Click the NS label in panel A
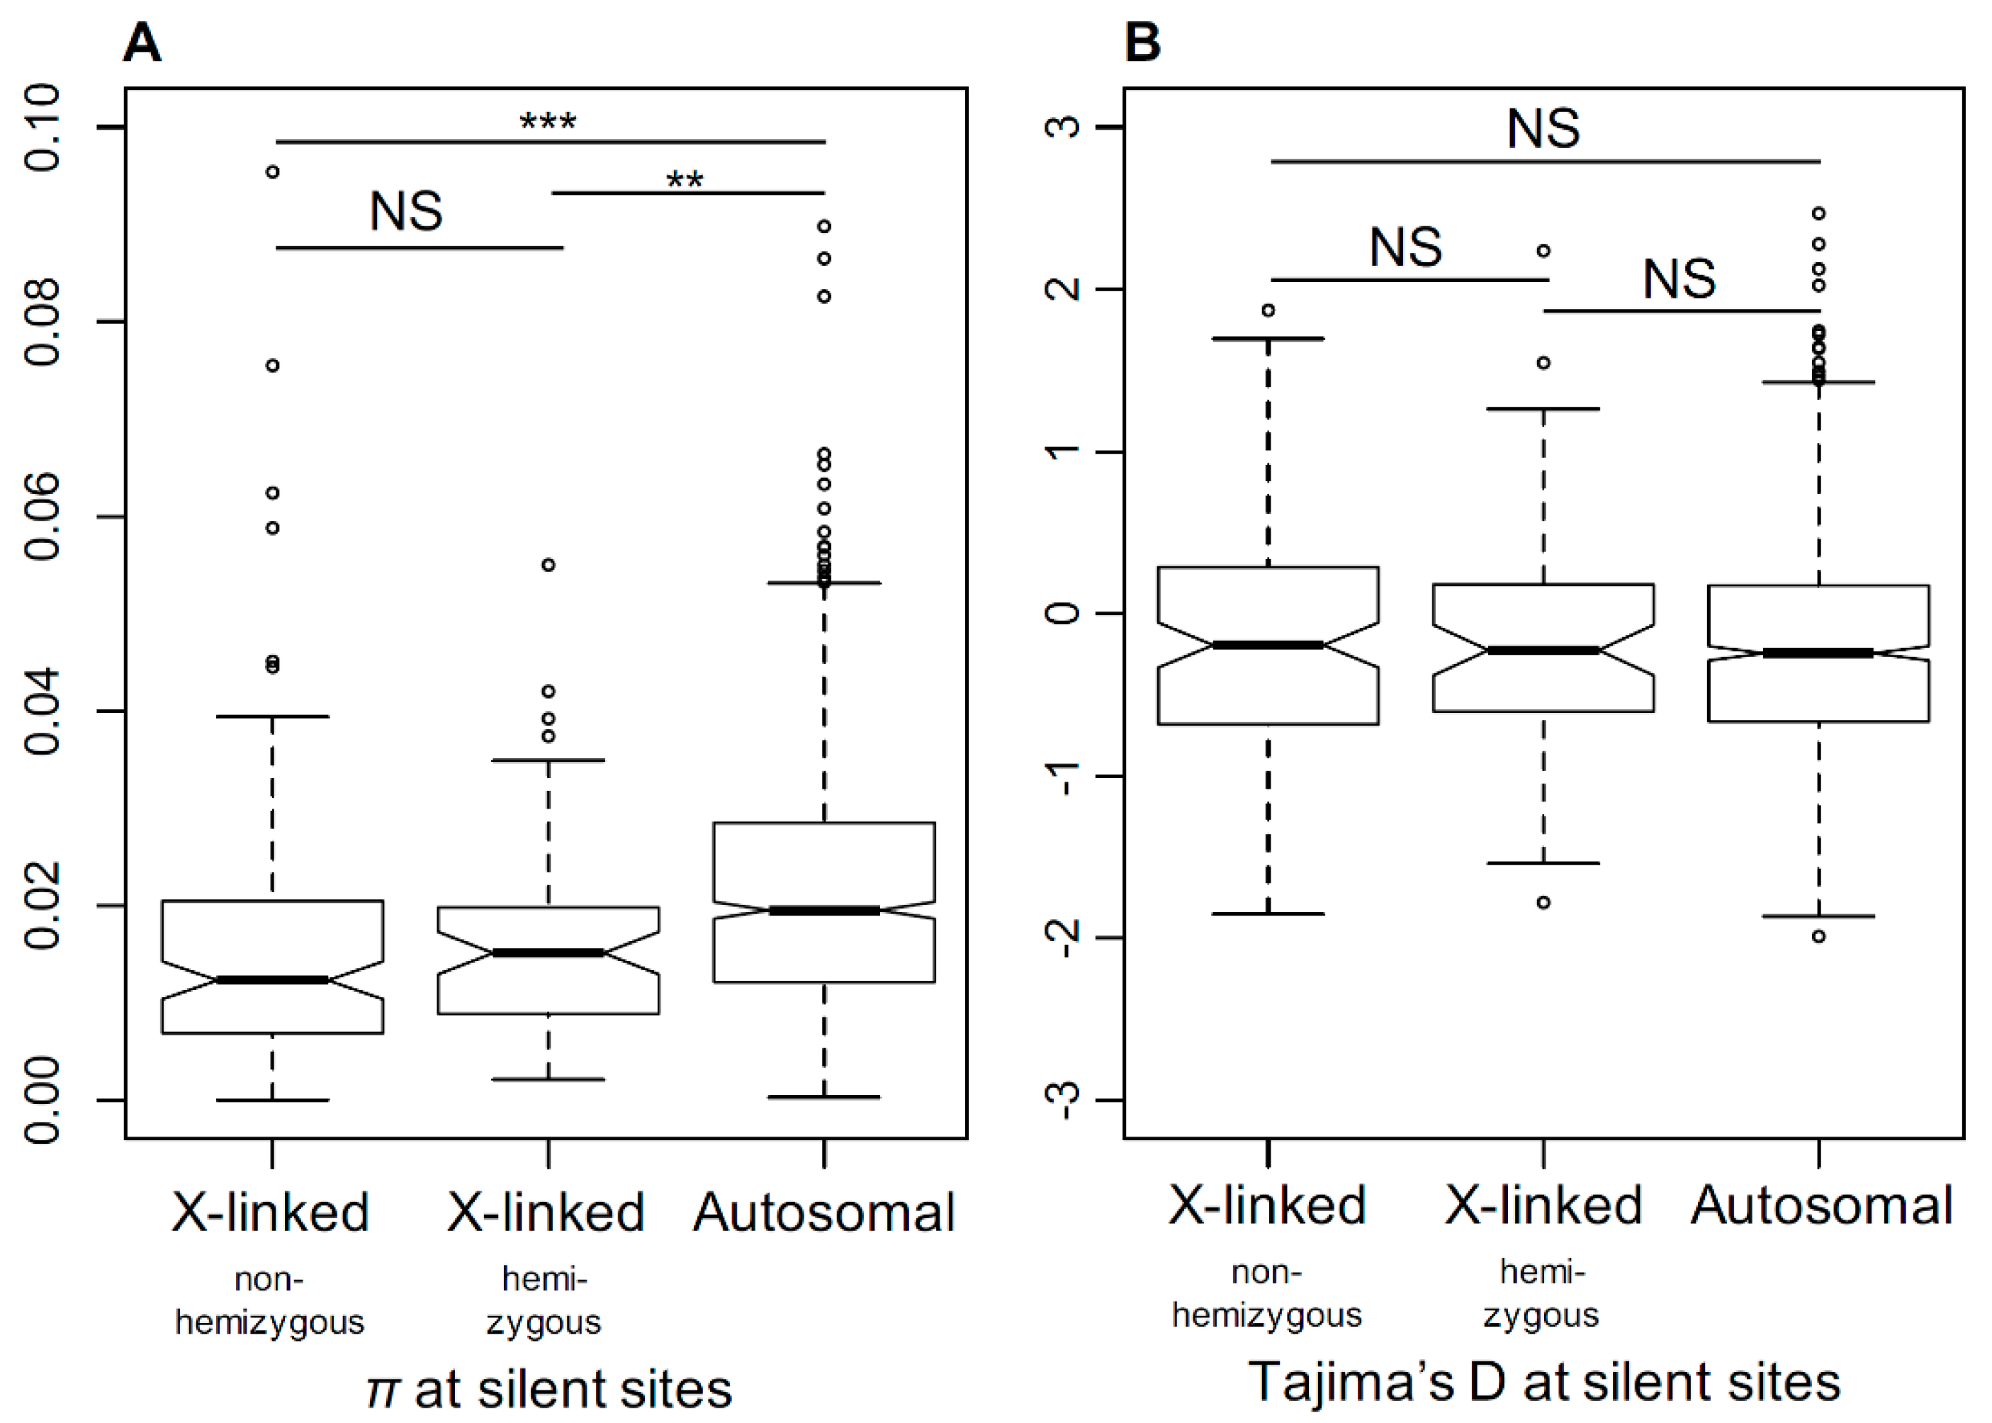click(x=405, y=211)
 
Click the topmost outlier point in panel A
click(x=272, y=171)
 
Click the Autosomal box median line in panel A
click(x=823, y=911)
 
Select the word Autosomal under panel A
click(x=823, y=1213)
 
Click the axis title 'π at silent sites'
click(x=548, y=1389)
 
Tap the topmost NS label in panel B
click(x=1543, y=129)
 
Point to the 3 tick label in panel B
click(x=1064, y=127)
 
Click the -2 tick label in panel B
click(x=1064, y=938)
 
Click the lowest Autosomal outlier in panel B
click(x=1818, y=937)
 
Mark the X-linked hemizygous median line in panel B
click(x=1543, y=650)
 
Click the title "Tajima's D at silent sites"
click(x=1543, y=1382)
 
